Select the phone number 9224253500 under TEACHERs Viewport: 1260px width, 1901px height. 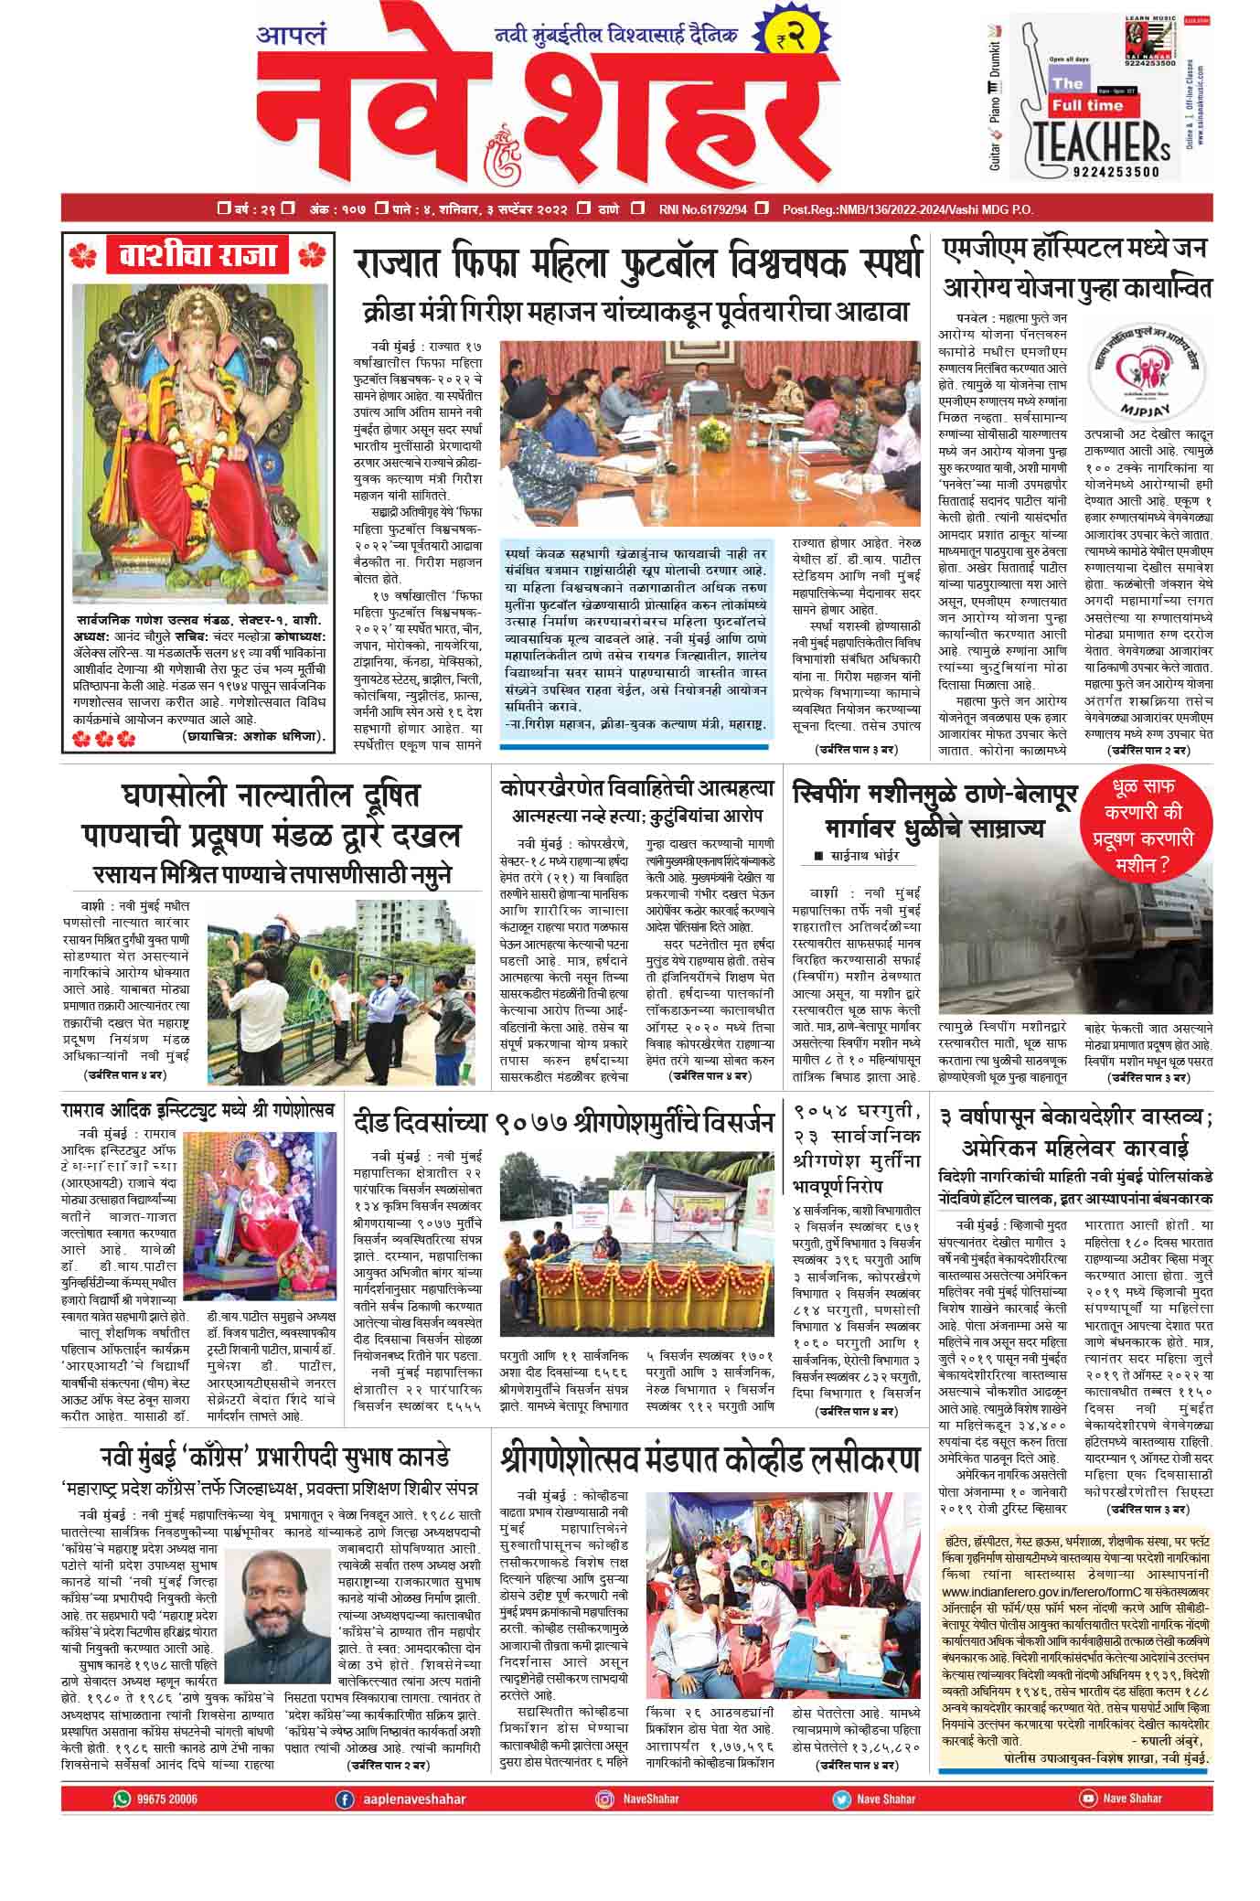click(x=1105, y=171)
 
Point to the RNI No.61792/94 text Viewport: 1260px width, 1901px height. click(x=702, y=209)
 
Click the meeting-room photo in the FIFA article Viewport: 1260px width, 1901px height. click(x=710, y=438)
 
